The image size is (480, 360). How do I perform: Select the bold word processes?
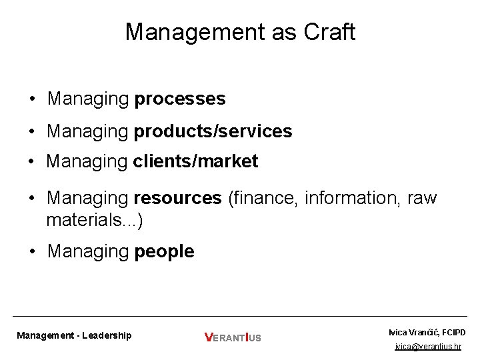tap(180, 99)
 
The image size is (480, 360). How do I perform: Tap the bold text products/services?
tap(213, 131)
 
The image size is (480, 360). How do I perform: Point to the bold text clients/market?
tap(195, 161)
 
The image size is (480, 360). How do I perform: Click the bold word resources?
tap(177, 198)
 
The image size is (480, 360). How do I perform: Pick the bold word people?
tap(164, 251)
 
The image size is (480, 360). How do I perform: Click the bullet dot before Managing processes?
tap(32, 100)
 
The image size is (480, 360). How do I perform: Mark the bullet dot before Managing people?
tap(32, 252)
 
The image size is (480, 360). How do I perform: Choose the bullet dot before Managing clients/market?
tap(32, 162)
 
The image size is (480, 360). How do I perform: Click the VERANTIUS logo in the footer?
tap(233, 337)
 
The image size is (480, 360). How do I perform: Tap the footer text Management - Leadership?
tap(74, 335)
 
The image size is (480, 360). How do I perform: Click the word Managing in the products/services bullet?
tap(87, 131)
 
